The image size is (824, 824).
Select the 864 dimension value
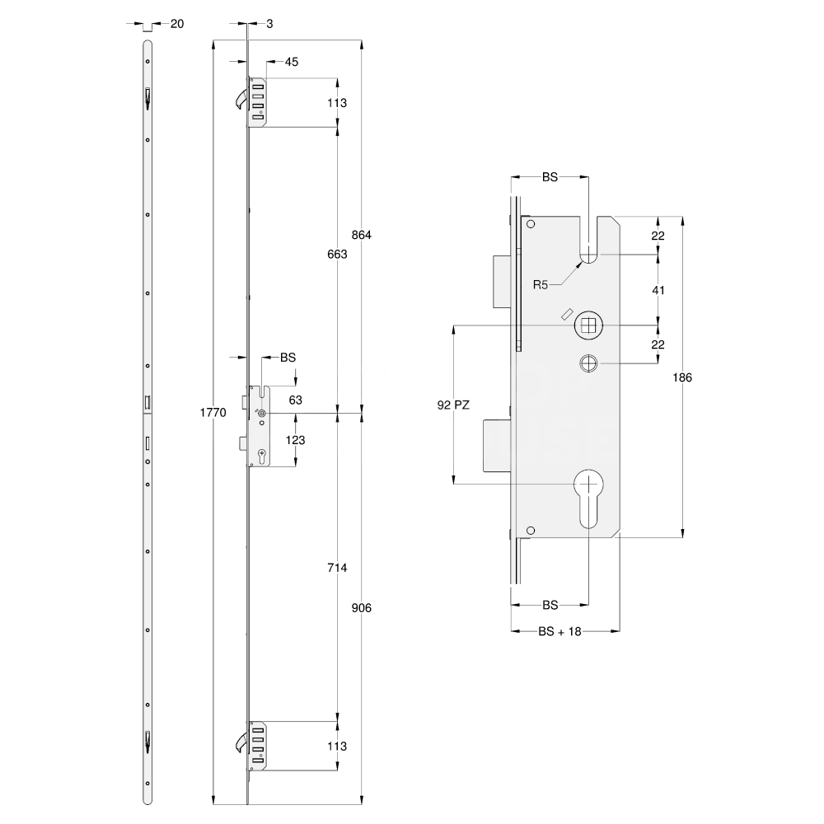[363, 235]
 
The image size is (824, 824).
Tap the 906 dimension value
[363, 608]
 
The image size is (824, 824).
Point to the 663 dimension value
[336, 255]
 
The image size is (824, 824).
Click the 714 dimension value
[336, 569]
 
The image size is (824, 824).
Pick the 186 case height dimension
[682, 377]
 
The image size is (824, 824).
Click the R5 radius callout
[541, 285]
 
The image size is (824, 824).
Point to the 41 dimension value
[658, 290]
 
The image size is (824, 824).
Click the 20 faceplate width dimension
[176, 24]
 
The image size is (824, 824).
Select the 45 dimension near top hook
[292, 62]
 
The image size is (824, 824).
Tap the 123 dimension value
[295, 441]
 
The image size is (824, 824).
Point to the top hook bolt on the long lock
[239, 99]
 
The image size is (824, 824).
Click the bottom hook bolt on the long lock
[239, 741]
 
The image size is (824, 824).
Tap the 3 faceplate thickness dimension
[269, 24]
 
